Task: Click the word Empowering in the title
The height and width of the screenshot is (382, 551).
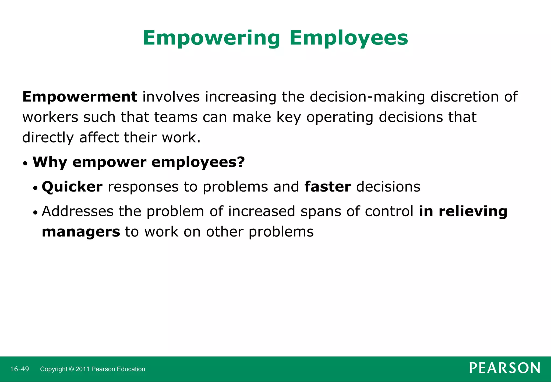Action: (x=211, y=38)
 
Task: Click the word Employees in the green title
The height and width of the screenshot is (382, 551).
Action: (x=349, y=38)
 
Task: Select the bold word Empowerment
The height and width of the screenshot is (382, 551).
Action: (x=80, y=97)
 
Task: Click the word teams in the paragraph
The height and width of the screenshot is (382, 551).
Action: (x=176, y=117)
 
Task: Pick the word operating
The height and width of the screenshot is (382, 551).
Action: (x=340, y=117)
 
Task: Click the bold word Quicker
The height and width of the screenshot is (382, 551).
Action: (x=72, y=187)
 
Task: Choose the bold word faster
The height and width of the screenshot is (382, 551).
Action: (x=327, y=187)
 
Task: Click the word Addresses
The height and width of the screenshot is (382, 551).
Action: (x=77, y=211)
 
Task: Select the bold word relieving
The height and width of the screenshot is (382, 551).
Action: (x=473, y=211)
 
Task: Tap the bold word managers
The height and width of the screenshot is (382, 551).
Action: (x=81, y=232)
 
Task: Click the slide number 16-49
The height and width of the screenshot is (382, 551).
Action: (x=19, y=369)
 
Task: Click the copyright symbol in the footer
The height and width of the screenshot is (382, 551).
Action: (x=71, y=369)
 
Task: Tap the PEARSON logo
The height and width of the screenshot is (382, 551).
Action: (x=504, y=368)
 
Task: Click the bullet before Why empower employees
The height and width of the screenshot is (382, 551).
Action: (x=25, y=164)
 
